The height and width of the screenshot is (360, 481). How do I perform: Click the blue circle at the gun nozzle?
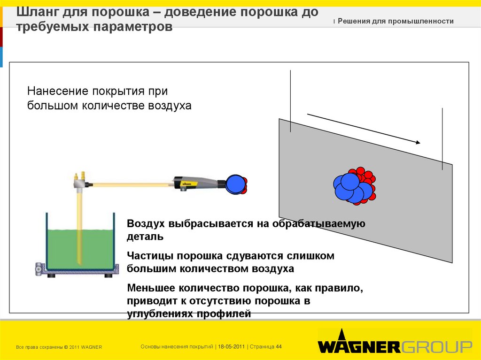pyautogui.click(x=235, y=184)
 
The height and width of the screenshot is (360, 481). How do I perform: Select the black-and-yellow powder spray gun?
pyautogui.click(x=197, y=182)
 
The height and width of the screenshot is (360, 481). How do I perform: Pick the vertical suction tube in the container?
pyautogui.click(x=79, y=225)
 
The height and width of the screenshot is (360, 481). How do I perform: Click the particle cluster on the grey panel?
pyautogui.click(x=354, y=186)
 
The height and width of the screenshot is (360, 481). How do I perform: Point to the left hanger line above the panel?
pyautogui.click(x=291, y=100)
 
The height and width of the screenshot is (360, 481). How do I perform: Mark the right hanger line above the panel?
pyautogui.click(x=442, y=138)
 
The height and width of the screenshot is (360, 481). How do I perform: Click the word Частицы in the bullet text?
pyautogui.click(x=147, y=256)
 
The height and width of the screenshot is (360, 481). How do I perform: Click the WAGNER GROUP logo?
pyautogui.click(x=395, y=346)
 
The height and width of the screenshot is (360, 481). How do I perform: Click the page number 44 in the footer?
pyautogui.click(x=279, y=346)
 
